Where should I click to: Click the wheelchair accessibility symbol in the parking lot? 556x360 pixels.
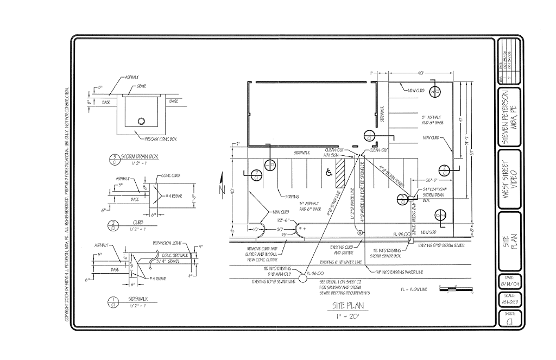point(328,173)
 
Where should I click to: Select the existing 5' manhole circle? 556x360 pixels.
point(302,274)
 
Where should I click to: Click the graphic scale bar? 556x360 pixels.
point(456,288)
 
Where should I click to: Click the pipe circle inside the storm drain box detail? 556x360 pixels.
point(142,121)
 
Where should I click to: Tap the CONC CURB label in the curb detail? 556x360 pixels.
point(170,176)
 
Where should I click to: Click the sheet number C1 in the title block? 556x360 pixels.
point(510,321)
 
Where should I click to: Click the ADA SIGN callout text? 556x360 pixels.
point(331,155)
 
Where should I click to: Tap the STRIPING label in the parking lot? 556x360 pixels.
point(291,197)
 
